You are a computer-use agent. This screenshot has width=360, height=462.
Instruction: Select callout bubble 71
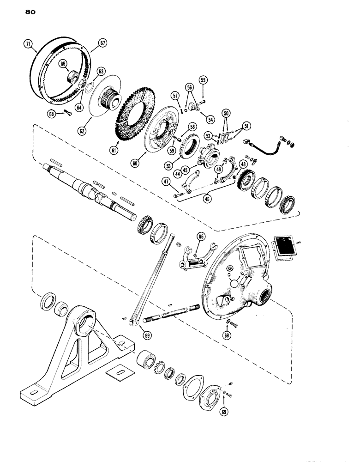click(29, 45)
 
